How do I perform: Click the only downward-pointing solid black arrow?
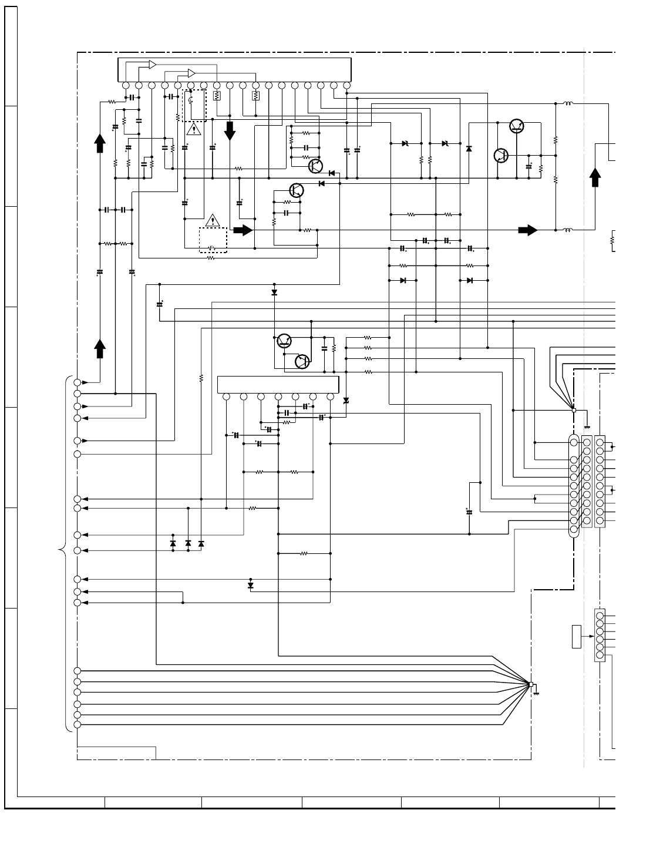230,130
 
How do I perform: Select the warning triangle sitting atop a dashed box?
213,221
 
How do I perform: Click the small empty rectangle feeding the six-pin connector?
577,637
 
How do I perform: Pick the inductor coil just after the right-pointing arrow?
568,230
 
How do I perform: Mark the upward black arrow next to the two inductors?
595,177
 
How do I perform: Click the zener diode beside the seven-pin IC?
346,401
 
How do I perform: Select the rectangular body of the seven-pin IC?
278,385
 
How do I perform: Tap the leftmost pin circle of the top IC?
126,85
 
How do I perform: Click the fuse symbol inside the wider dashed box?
213,247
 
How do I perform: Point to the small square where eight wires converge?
531,684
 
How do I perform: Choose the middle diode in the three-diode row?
188,544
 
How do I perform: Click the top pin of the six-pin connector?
600,616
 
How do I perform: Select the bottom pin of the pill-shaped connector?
574,530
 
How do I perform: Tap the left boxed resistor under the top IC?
217,95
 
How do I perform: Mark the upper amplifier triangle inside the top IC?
152,64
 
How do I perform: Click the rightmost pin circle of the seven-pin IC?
330,397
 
